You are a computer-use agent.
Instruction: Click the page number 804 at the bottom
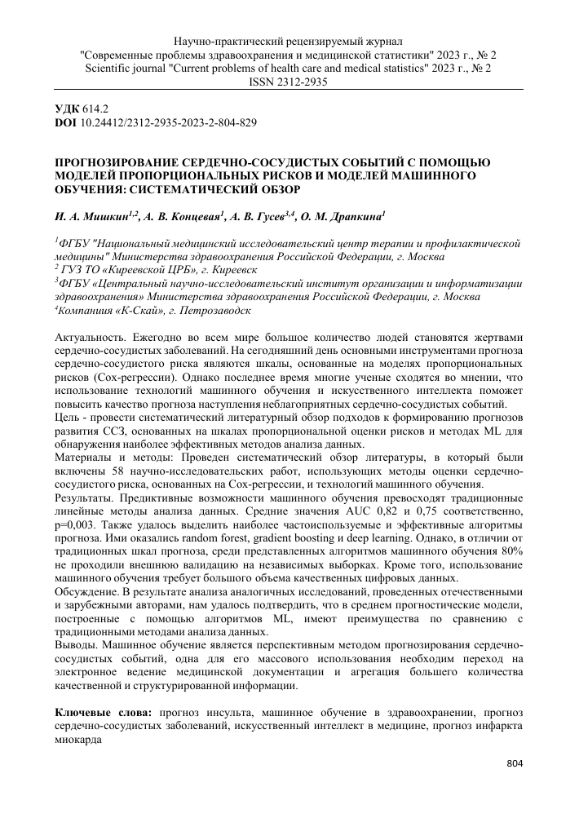point(514,763)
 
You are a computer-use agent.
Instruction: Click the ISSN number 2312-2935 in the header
point(299,83)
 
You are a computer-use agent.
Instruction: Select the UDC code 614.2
point(97,108)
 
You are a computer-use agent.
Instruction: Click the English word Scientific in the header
point(111,69)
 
